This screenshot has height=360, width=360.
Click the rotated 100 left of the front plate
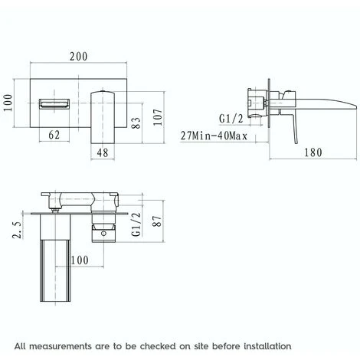tap(8, 100)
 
